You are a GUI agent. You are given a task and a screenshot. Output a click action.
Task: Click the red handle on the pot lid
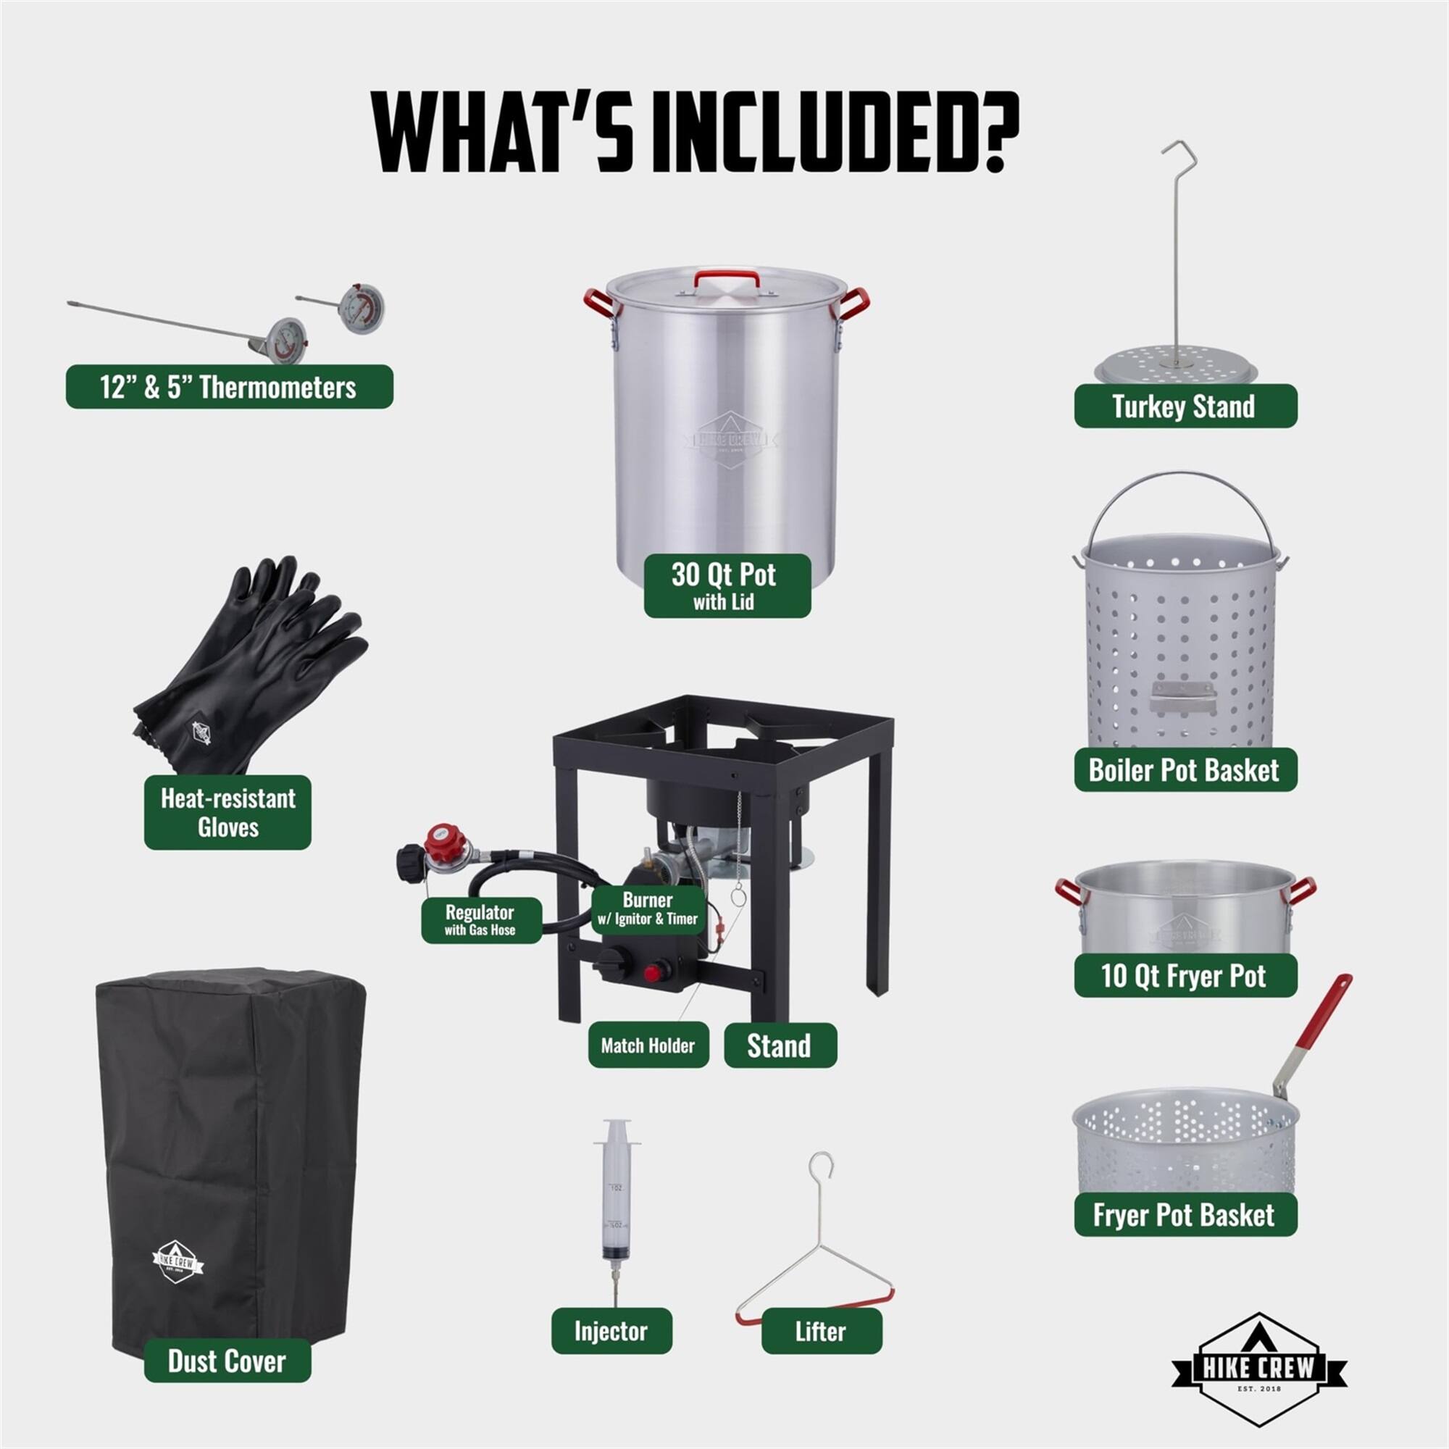click(x=725, y=279)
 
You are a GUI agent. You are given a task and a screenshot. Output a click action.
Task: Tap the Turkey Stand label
click(x=1185, y=406)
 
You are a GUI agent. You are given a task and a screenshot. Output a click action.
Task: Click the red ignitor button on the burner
click(x=653, y=974)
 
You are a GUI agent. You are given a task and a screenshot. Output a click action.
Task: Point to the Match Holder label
click(x=648, y=1045)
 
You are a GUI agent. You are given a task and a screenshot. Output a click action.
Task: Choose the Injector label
click(x=611, y=1330)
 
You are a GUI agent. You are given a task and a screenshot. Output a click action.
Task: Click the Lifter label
click(x=822, y=1331)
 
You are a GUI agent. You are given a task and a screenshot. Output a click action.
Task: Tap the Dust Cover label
click(x=227, y=1361)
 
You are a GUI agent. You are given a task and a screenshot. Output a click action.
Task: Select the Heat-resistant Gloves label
click(x=227, y=812)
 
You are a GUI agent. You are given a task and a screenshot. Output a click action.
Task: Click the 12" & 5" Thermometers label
click(x=229, y=387)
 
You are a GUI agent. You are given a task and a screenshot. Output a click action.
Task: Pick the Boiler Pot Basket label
click(x=1185, y=770)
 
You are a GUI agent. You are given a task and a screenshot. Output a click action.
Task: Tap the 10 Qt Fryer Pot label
click(x=1185, y=976)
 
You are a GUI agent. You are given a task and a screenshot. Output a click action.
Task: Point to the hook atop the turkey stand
click(x=1179, y=150)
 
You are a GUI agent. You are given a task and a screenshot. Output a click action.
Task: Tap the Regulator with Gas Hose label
click(x=480, y=919)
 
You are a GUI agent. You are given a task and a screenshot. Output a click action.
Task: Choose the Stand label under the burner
click(x=780, y=1045)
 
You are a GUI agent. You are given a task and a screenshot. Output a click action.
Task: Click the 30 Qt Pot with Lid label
click(x=726, y=585)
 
